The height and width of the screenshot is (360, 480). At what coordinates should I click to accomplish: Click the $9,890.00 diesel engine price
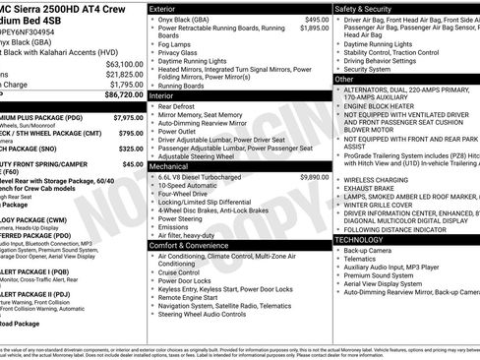[x=314, y=177]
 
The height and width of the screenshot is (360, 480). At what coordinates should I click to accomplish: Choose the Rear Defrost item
[x=183, y=105]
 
